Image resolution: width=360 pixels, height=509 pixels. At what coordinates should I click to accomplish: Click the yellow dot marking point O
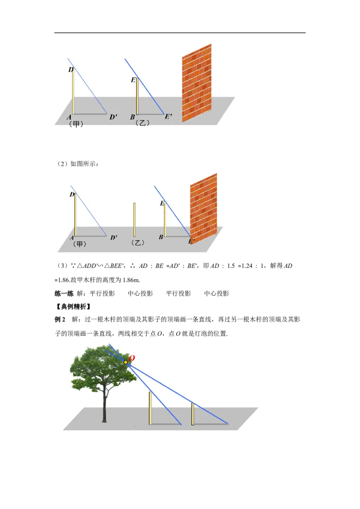126,362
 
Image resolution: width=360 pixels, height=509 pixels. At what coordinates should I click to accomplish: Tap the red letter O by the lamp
131,358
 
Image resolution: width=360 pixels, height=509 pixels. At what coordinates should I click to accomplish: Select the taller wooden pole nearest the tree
150,408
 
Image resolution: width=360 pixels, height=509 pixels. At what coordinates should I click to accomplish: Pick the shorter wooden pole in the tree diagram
193,414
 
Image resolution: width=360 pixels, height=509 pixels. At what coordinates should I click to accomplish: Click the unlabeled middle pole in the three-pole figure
135,220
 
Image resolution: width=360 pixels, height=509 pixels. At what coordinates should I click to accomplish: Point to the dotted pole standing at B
165,220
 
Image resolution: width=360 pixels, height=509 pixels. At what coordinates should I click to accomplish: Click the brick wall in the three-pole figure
203,208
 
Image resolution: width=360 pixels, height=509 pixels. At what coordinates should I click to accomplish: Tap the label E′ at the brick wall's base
191,241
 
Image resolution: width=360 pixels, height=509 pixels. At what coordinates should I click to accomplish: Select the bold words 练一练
64,294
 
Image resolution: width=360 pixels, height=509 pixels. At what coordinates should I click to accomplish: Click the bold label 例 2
60,319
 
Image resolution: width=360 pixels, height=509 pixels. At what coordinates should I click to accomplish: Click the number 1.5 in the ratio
231,266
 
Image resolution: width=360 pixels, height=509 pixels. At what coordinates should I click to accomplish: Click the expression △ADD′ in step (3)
87,266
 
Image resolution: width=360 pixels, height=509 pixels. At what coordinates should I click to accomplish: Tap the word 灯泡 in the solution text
201,334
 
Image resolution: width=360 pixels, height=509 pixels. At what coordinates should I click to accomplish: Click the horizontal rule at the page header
180,33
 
